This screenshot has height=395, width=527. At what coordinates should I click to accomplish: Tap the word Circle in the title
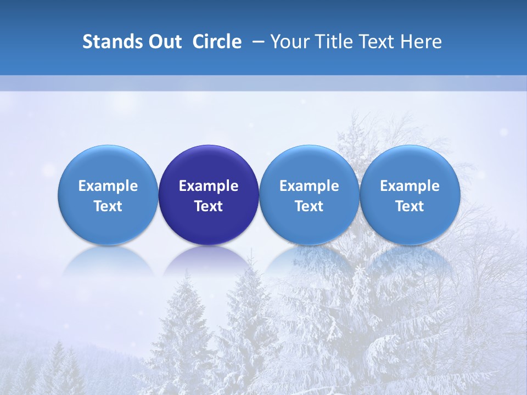click(217, 42)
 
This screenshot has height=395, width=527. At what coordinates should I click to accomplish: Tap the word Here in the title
click(422, 42)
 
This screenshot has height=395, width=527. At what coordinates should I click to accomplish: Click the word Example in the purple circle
click(209, 186)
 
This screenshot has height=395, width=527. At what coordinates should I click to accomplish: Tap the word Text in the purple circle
click(209, 206)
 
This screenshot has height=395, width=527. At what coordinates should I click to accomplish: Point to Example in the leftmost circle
click(108, 186)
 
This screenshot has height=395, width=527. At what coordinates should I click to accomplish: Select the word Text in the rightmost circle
click(410, 206)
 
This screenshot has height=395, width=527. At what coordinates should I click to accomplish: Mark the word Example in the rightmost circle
click(410, 186)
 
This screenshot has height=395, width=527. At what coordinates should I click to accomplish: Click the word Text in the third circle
click(309, 206)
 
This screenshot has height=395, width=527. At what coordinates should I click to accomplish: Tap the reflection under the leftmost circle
click(108, 262)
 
